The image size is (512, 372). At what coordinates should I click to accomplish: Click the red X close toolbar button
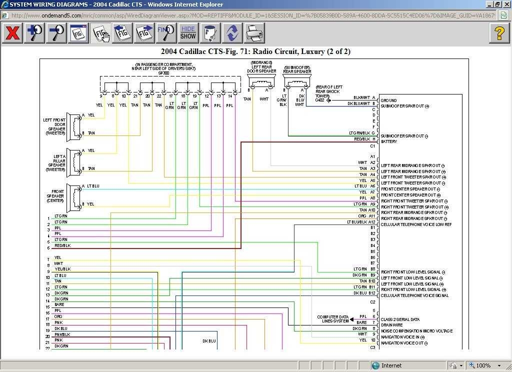click(x=12, y=33)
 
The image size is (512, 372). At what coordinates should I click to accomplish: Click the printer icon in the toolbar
click(x=254, y=33)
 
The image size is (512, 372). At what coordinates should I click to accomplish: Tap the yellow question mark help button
click(x=499, y=33)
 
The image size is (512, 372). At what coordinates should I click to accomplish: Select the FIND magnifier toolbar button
click(x=166, y=33)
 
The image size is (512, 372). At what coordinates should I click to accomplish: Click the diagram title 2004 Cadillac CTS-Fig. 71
click(x=255, y=51)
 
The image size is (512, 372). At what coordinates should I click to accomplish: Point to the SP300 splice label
click(x=163, y=73)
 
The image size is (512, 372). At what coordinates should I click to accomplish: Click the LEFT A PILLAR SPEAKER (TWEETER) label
click(x=56, y=163)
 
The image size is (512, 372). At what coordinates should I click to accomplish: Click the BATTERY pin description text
click(x=389, y=141)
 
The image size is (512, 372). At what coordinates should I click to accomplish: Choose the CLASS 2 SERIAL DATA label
click(x=400, y=319)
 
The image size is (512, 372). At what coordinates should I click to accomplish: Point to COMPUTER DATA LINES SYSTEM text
click(x=333, y=319)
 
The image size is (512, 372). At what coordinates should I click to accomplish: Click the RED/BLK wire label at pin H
click(x=362, y=139)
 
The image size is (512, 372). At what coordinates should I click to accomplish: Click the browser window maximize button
click(x=497, y=4)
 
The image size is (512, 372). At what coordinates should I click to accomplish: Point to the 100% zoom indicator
click(x=483, y=365)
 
